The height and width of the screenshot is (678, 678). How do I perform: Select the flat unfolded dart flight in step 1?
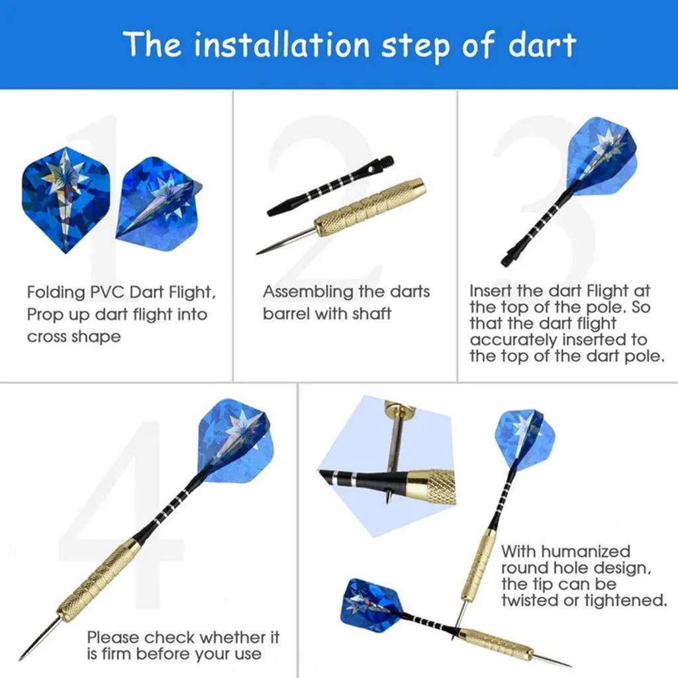coord(66,199)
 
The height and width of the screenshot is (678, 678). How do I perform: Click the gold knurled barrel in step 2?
coord(371,208)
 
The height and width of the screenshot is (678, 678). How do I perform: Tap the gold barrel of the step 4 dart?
coord(99,579)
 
